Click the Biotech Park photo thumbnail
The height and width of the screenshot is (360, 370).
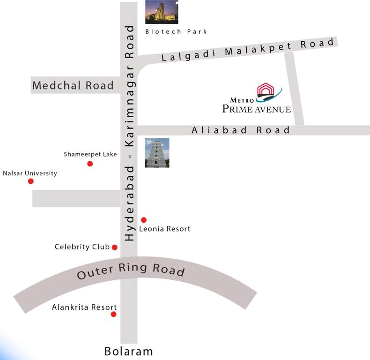point(162,12)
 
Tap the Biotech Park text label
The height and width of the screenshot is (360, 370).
point(176,32)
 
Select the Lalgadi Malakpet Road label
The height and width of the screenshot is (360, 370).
point(248,51)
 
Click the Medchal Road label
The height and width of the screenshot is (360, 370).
point(73,85)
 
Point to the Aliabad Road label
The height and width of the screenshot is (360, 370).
point(241,130)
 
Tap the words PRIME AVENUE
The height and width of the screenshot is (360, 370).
point(257,110)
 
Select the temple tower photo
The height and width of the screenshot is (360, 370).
point(157,153)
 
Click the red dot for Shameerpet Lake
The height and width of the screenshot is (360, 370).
point(90,164)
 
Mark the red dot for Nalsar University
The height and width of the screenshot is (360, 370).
point(31,181)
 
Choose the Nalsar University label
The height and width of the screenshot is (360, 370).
point(30,173)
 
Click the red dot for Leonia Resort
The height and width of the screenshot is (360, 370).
point(144,220)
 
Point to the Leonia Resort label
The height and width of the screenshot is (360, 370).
point(165,229)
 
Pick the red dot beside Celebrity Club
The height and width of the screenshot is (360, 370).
point(115,247)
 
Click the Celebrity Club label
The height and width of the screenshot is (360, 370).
point(82,247)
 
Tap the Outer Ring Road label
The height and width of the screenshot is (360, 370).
point(131,271)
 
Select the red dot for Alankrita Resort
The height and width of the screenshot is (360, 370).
point(113,314)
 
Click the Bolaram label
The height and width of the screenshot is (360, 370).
point(129,351)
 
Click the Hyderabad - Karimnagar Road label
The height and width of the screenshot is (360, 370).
point(130,134)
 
